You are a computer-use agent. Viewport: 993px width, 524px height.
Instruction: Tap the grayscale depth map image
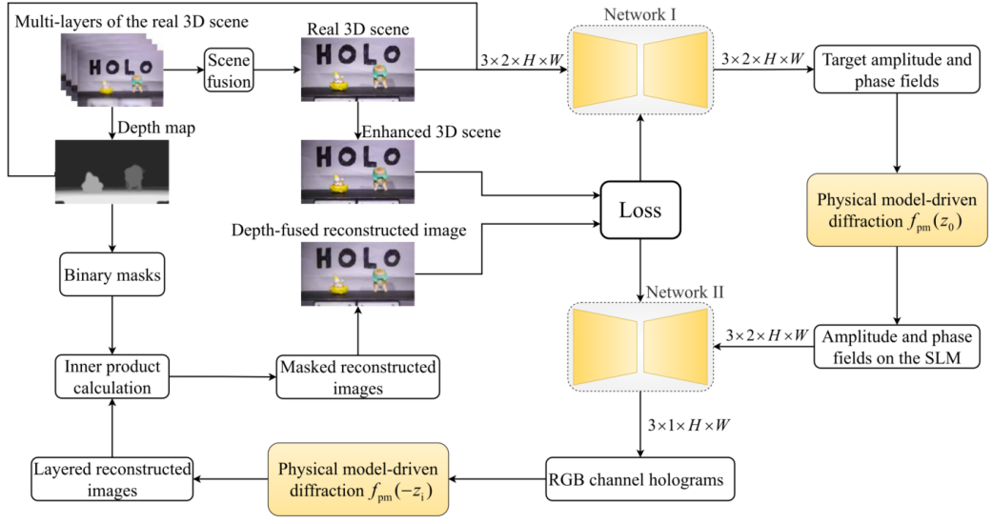[x=112, y=172]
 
